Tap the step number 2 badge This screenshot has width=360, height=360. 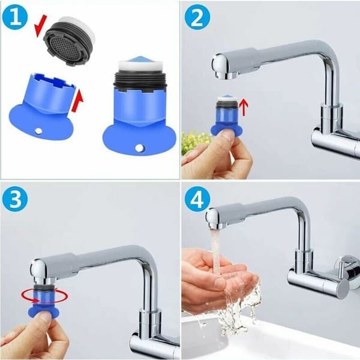tap(197, 18)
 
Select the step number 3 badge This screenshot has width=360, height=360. tap(15, 200)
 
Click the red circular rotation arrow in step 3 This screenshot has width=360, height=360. tap(45, 298)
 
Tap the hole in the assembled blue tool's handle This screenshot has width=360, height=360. tap(139, 148)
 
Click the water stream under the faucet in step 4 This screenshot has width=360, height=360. tap(217, 252)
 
